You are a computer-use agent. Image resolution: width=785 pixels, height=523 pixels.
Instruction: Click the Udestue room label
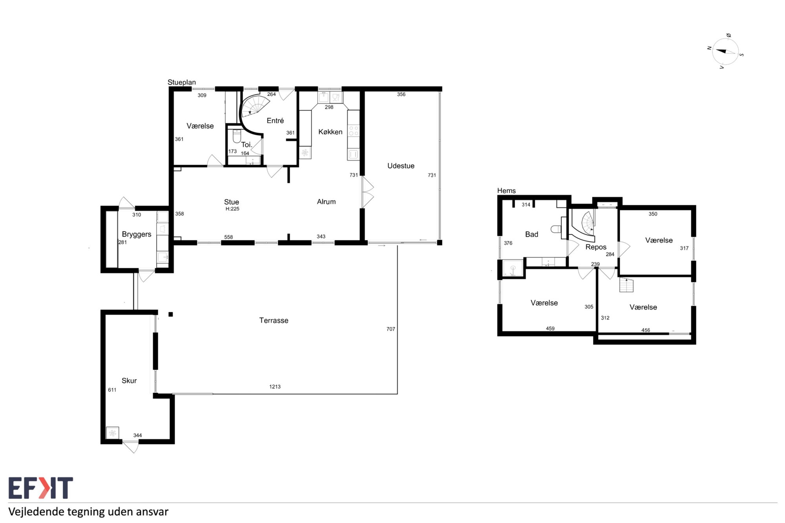click(x=401, y=166)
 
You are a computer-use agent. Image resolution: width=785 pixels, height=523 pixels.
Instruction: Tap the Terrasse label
click(x=274, y=321)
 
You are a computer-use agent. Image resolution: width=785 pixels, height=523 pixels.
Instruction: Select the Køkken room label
click(x=330, y=132)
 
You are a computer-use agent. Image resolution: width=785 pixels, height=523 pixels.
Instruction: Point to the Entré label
click(x=275, y=120)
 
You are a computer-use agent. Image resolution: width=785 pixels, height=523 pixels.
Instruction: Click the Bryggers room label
click(x=137, y=235)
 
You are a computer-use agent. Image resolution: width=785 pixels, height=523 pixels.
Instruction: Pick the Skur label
click(x=129, y=381)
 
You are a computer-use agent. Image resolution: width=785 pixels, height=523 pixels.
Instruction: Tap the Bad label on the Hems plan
click(x=531, y=234)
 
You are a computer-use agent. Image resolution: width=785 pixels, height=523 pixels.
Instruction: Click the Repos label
click(x=596, y=247)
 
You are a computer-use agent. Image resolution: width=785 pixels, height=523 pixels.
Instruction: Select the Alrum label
click(x=326, y=202)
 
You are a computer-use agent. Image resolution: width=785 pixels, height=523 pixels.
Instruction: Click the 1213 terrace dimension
click(x=275, y=387)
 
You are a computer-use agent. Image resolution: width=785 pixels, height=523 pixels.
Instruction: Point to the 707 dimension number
click(x=391, y=329)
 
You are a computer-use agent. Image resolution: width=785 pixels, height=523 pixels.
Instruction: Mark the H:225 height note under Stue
click(x=232, y=209)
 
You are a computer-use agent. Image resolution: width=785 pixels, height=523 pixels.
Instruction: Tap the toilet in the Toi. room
click(x=237, y=136)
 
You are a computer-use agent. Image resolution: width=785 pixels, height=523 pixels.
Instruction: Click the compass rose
click(x=725, y=51)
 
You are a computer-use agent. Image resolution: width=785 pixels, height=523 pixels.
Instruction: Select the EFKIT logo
click(x=41, y=488)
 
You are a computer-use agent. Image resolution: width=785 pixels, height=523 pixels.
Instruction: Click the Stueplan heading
click(x=182, y=82)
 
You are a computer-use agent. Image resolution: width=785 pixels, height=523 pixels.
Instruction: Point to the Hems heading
click(x=506, y=191)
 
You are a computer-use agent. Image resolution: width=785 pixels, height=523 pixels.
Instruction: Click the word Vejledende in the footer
click(x=36, y=512)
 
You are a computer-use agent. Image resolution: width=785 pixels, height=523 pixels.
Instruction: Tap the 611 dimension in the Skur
click(x=112, y=390)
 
